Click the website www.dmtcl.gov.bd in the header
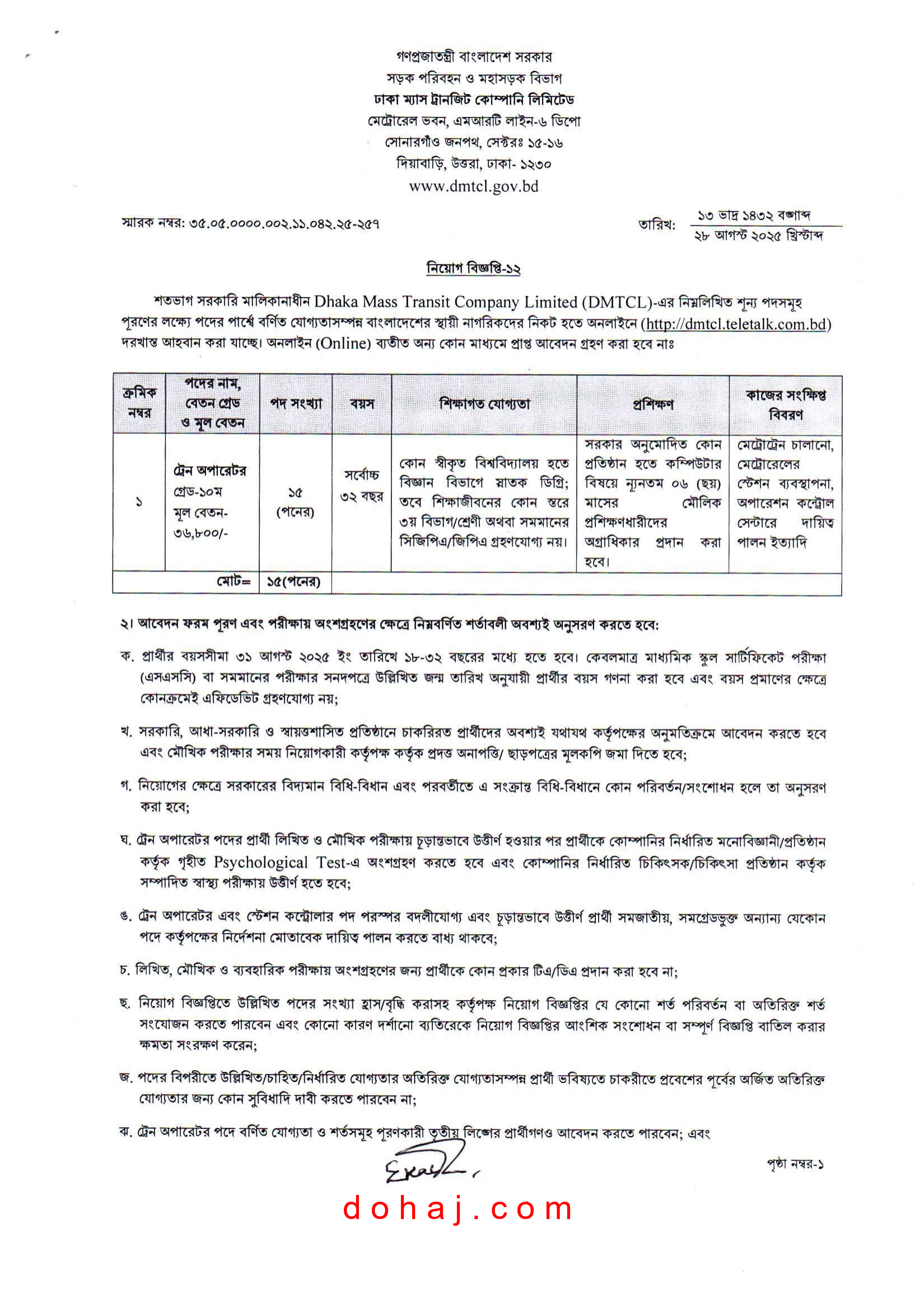[473, 186]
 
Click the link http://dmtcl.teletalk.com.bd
[736, 324]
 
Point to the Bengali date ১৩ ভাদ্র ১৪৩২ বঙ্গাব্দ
[754, 215]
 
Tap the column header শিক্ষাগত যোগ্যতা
[484, 404]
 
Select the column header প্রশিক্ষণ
[653, 404]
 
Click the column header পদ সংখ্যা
[296, 404]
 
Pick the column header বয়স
[362, 404]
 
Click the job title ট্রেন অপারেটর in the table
[209, 471]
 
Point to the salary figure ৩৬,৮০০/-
[200, 533]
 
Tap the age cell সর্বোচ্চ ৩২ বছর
[362, 485]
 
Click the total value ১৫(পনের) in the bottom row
[294, 582]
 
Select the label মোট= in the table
[234, 582]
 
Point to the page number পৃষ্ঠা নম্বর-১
[795, 1164]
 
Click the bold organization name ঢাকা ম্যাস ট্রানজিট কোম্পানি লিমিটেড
[473, 100]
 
